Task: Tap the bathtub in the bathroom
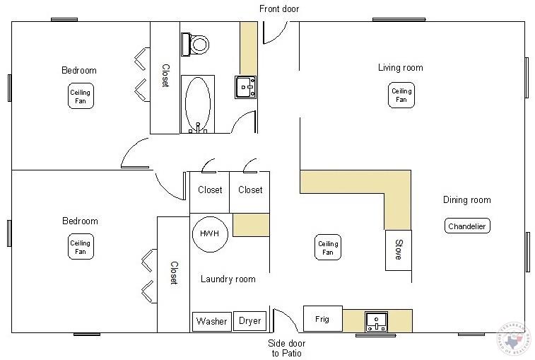tap(197, 103)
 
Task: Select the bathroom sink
tap(246, 86)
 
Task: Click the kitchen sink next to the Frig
tap(376, 322)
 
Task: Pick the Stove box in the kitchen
tap(398, 250)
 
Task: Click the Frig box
tap(322, 319)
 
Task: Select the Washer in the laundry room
tap(211, 321)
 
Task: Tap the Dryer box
tap(249, 321)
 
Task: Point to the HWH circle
tap(210, 233)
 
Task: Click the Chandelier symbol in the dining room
tap(467, 226)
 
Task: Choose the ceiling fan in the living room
tap(401, 95)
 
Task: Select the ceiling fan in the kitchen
tap(327, 248)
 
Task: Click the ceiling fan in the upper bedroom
tap(81, 95)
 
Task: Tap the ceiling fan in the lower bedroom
tap(81, 248)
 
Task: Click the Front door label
tap(279, 8)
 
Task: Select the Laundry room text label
tap(228, 279)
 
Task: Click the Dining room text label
tap(466, 200)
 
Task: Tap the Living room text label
tap(400, 68)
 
